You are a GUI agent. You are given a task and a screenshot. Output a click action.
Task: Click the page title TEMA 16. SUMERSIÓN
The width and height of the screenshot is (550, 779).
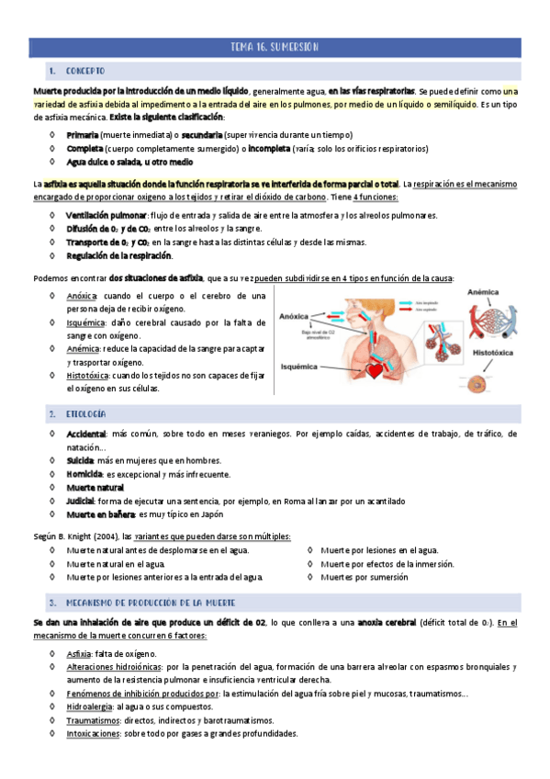pyautogui.click(x=275, y=47)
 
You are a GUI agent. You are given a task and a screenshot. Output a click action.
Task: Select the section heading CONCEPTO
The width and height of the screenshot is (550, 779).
pyautogui.click(x=85, y=71)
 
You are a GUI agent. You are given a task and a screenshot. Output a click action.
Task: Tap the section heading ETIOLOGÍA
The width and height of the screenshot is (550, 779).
pyautogui.click(x=86, y=414)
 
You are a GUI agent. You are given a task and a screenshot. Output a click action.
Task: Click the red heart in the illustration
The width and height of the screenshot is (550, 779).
pyautogui.click(x=374, y=370)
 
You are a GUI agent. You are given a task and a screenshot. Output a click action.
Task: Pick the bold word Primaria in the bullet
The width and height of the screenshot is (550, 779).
pyautogui.click(x=83, y=135)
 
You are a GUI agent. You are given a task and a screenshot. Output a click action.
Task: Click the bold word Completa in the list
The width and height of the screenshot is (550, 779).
pyautogui.click(x=84, y=148)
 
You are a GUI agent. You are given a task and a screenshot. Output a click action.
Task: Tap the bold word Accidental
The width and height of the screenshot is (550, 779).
pyautogui.click(x=85, y=434)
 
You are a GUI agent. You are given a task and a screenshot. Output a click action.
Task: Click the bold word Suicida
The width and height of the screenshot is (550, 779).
pyautogui.click(x=81, y=460)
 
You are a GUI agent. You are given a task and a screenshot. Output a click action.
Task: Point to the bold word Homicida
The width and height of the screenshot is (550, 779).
pyautogui.click(x=84, y=474)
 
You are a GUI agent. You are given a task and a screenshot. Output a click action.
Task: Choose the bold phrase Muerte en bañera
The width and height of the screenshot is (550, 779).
pyautogui.click(x=100, y=514)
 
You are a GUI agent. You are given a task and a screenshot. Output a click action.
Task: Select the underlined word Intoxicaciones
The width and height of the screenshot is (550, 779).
pyautogui.click(x=95, y=734)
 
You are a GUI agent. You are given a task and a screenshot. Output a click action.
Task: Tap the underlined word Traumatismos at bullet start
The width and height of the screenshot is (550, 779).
pyautogui.click(x=92, y=721)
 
